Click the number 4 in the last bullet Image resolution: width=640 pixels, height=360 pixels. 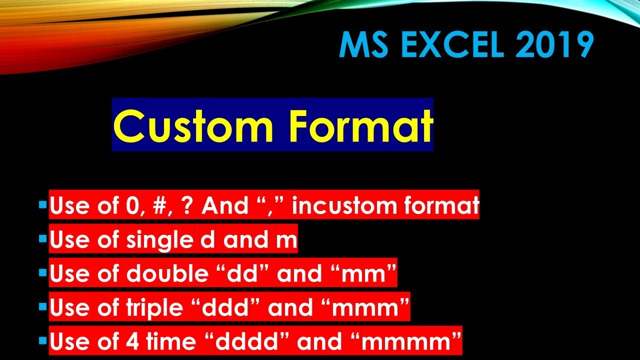[x=128, y=342]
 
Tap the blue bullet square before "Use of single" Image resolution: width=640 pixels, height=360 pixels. [x=43, y=239]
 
